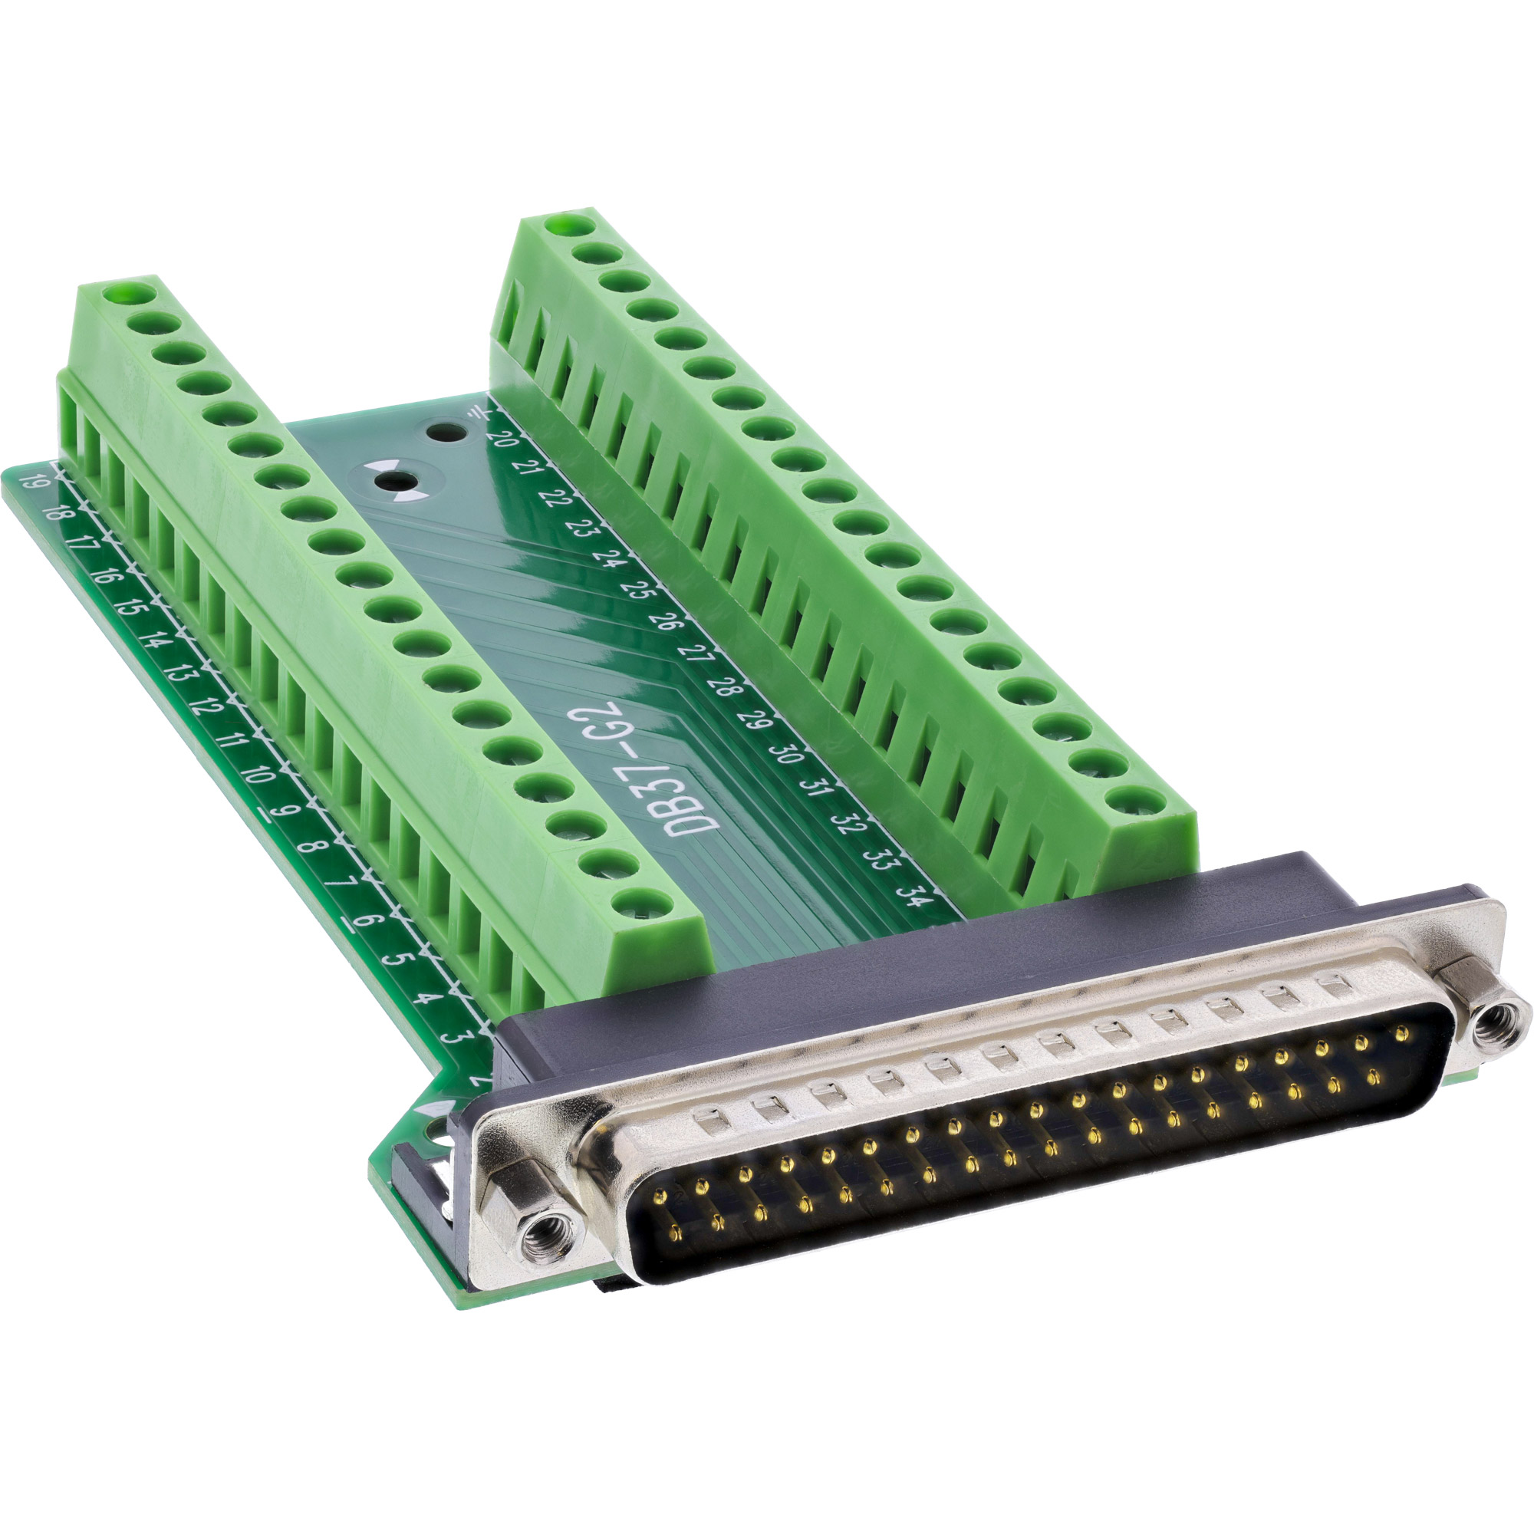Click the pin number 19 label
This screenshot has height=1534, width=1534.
click(x=33, y=481)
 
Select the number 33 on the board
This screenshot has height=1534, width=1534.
click(x=880, y=858)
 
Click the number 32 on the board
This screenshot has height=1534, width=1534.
click(x=848, y=822)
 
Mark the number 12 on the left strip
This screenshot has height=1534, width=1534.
click(x=206, y=706)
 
